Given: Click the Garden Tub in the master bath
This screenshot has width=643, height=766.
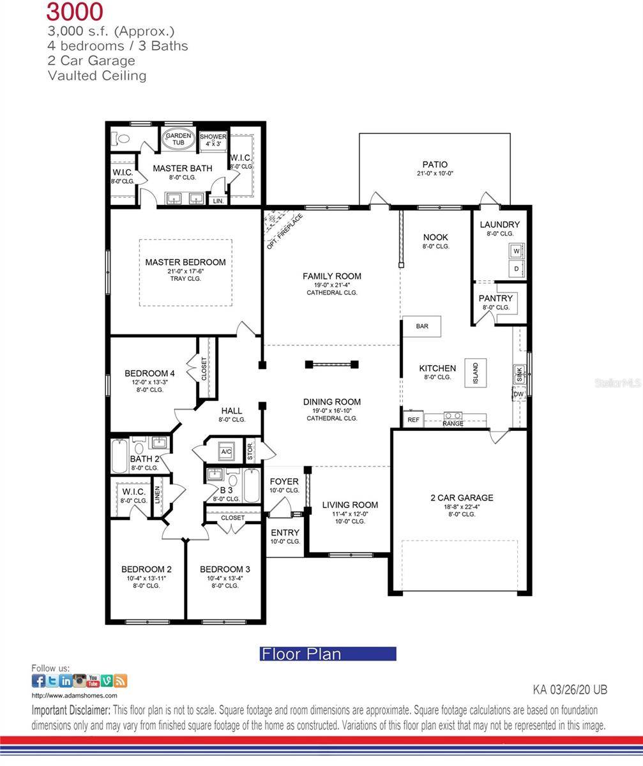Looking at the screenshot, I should pyautogui.click(x=178, y=140).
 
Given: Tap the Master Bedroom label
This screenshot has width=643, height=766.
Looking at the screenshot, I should pyautogui.click(x=185, y=262).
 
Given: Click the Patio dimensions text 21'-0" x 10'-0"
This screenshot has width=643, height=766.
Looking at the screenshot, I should pyautogui.click(x=435, y=174).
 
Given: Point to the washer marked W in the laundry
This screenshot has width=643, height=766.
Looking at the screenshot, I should pyautogui.click(x=517, y=252).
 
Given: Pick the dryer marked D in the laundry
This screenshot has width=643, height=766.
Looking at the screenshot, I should pyautogui.click(x=517, y=269).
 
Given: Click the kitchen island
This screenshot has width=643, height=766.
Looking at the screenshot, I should pyautogui.click(x=476, y=372).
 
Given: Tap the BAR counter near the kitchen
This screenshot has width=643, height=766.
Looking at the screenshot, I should pyautogui.click(x=422, y=326).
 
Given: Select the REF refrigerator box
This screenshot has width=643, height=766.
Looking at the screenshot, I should pyautogui.click(x=413, y=419).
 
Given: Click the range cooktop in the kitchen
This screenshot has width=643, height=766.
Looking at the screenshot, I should pyautogui.click(x=453, y=417).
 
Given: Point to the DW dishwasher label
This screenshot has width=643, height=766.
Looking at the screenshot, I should pyautogui.click(x=518, y=394).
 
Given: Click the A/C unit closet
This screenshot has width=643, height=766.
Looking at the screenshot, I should pyautogui.click(x=226, y=451).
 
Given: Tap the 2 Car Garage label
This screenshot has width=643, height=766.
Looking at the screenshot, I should pyautogui.click(x=461, y=498).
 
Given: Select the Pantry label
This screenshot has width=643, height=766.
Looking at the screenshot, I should pyautogui.click(x=495, y=298).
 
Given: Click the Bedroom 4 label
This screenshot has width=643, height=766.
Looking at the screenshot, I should pyautogui.click(x=149, y=373).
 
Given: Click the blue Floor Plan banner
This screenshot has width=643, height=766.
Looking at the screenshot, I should pyautogui.click(x=328, y=654).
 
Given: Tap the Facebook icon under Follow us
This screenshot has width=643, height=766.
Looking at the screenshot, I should pyautogui.click(x=38, y=680).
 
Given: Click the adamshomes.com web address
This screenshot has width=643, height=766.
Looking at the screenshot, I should pyautogui.click(x=74, y=696).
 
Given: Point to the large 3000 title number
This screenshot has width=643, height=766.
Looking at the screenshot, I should pyautogui.click(x=75, y=12).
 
